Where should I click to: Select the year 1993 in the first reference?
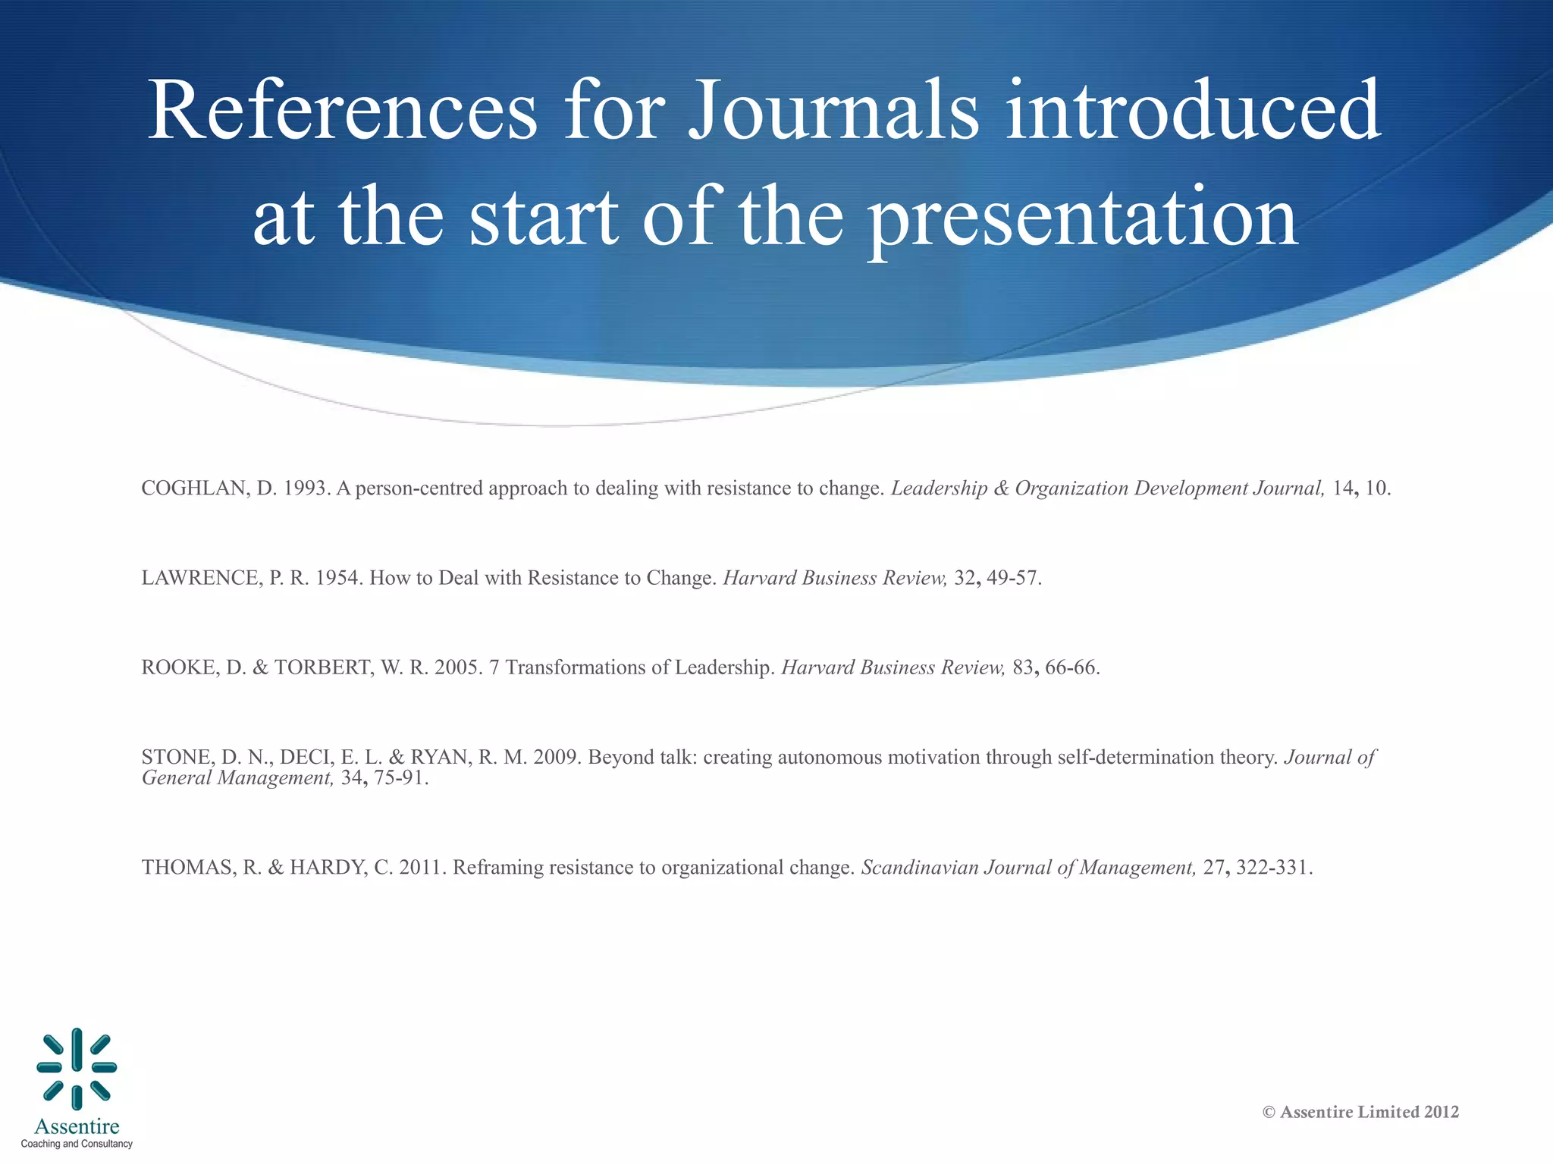(x=306, y=488)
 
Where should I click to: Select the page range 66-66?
(x=1070, y=668)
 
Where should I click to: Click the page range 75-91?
(x=400, y=778)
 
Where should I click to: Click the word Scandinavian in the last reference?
(x=919, y=868)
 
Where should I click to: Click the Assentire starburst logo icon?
(x=77, y=1068)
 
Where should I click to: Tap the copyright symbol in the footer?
(x=1269, y=1113)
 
